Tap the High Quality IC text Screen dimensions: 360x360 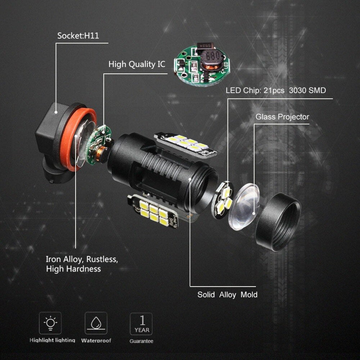click(137, 64)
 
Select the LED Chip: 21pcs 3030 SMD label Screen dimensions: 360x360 click(275, 90)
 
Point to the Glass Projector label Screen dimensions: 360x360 click(282, 117)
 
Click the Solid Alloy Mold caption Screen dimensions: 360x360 click(227, 295)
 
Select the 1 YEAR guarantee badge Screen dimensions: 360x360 click(141, 324)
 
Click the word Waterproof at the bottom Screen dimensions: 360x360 click(96, 341)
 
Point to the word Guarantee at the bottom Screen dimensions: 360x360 click(141, 341)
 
